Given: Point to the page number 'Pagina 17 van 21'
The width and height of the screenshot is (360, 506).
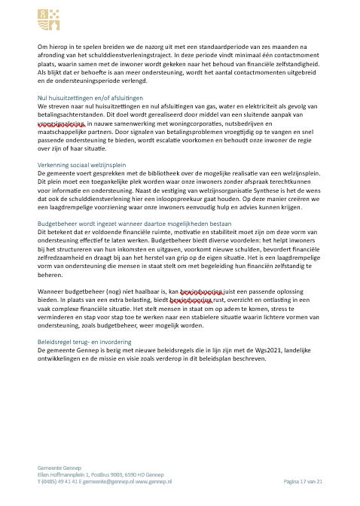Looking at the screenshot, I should pos(302,480).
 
